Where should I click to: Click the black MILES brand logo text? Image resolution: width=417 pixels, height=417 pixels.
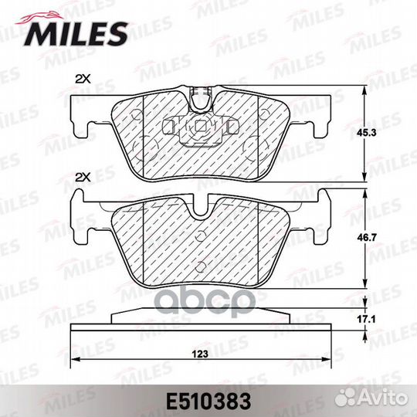(75, 34)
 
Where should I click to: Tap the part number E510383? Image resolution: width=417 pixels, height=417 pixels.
(208, 402)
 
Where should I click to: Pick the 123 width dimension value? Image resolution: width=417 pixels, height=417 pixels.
(200, 354)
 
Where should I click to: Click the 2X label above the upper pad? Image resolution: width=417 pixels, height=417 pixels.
(83, 79)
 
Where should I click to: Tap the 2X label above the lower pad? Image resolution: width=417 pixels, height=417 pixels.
(83, 178)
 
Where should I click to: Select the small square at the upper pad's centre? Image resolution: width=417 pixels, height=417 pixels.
(200, 126)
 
